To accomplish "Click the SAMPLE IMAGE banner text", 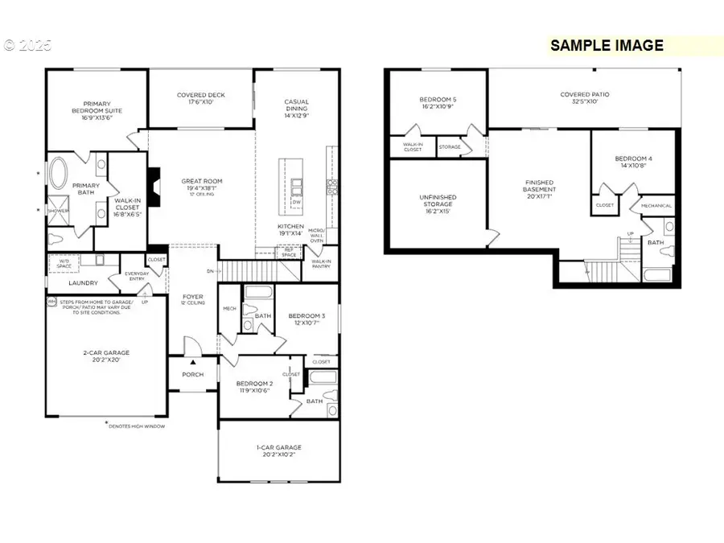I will point(607,46).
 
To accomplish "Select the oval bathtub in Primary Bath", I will point(60,174).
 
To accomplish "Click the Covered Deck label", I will point(201,98).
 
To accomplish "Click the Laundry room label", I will point(83,282).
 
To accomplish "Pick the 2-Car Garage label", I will point(105,356).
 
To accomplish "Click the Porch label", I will point(193,374).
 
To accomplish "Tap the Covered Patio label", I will point(584,98).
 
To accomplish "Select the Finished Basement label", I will point(540,190).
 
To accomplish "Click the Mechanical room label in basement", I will point(656,206).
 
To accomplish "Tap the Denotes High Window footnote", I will point(148,424).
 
